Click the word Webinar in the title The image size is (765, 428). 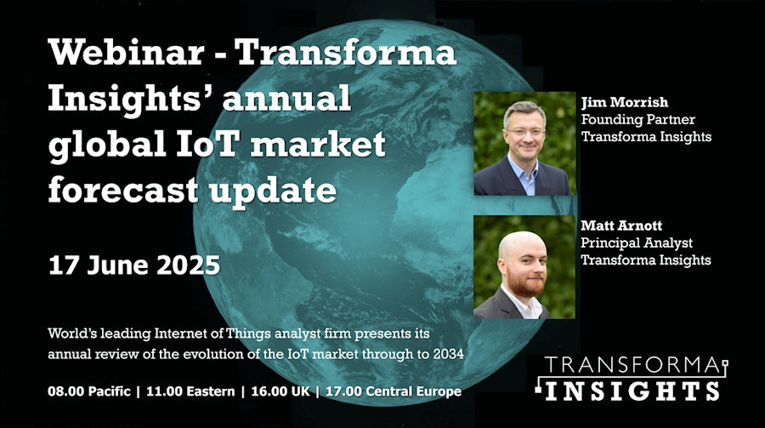(x=126, y=52)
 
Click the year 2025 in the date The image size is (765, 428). (x=189, y=265)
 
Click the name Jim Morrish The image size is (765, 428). (x=625, y=102)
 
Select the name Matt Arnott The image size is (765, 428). (x=621, y=225)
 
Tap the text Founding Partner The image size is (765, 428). (x=637, y=119)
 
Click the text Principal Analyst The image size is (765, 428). (x=636, y=243)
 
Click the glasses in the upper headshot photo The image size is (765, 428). (x=525, y=132)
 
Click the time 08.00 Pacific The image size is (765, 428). (x=89, y=391)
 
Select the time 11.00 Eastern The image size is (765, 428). (x=190, y=391)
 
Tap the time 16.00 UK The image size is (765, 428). (x=280, y=391)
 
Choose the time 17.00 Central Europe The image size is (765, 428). (x=394, y=391)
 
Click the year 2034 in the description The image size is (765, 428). (x=448, y=354)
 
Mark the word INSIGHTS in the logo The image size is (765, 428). (x=632, y=391)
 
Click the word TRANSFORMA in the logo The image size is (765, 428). (x=632, y=366)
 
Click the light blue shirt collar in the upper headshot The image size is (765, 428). (x=523, y=171)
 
